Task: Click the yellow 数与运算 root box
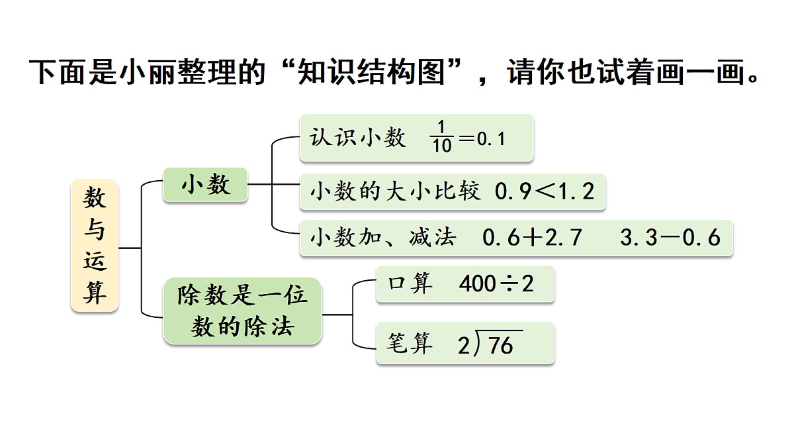click(94, 246)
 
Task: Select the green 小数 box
click(205, 185)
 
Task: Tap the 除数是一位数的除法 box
click(242, 311)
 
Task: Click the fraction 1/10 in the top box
click(442, 136)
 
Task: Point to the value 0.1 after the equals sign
click(491, 138)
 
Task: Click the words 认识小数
click(358, 138)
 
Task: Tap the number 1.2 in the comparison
click(577, 191)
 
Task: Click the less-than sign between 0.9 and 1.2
click(545, 191)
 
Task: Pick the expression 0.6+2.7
click(532, 237)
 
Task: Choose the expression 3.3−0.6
click(670, 237)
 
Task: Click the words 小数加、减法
click(383, 237)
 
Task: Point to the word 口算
click(410, 283)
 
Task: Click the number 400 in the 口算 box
click(478, 283)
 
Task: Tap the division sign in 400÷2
click(509, 284)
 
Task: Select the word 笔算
click(410, 343)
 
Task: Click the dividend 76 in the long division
click(500, 345)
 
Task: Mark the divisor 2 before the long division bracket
click(464, 346)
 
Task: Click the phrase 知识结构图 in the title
click(371, 72)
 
